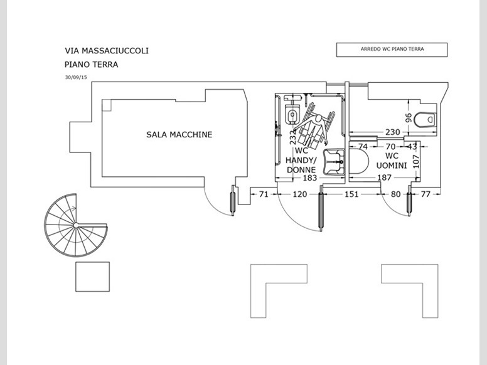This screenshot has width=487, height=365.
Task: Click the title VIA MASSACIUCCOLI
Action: click(107, 50)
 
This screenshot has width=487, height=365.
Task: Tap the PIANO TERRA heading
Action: click(92, 64)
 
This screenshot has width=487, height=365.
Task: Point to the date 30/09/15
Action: click(76, 77)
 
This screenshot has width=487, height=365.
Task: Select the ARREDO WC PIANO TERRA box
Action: click(392, 50)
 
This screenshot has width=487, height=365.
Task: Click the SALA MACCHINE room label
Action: click(179, 134)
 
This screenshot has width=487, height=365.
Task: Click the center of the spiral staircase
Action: click(75, 225)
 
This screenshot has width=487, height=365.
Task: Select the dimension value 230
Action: click(393, 132)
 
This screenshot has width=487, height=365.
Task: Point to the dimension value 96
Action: click(408, 117)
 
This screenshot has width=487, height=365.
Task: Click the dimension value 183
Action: click(310, 178)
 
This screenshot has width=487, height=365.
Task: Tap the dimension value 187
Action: click(384, 178)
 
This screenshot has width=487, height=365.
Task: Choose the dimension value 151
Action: click(352, 194)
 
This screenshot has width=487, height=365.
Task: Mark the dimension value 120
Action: click(300, 194)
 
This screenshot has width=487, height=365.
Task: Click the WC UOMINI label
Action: click(392, 161)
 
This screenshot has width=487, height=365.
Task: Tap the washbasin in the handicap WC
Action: click(334, 161)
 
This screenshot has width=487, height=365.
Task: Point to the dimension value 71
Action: click(264, 194)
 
